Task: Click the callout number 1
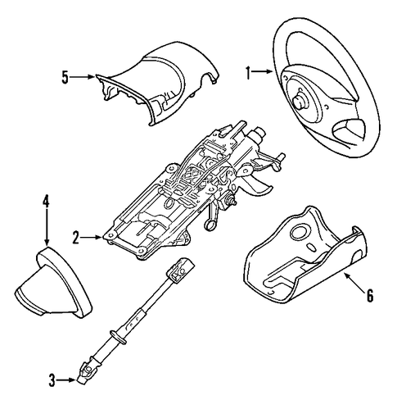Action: click(x=248, y=73)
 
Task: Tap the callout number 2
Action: click(x=75, y=237)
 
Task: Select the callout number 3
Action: click(x=52, y=380)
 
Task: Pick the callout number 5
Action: click(x=65, y=77)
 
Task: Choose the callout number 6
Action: click(x=370, y=295)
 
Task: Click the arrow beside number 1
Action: click(x=262, y=71)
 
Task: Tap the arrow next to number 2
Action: click(x=91, y=237)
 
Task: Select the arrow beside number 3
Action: click(x=65, y=380)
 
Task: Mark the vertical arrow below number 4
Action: click(x=47, y=226)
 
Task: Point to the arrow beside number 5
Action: click(x=82, y=77)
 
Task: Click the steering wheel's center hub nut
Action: click(x=300, y=102)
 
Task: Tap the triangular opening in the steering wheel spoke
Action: click(x=350, y=130)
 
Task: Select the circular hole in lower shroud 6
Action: click(x=299, y=233)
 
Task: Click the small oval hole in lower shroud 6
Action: click(x=311, y=248)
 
